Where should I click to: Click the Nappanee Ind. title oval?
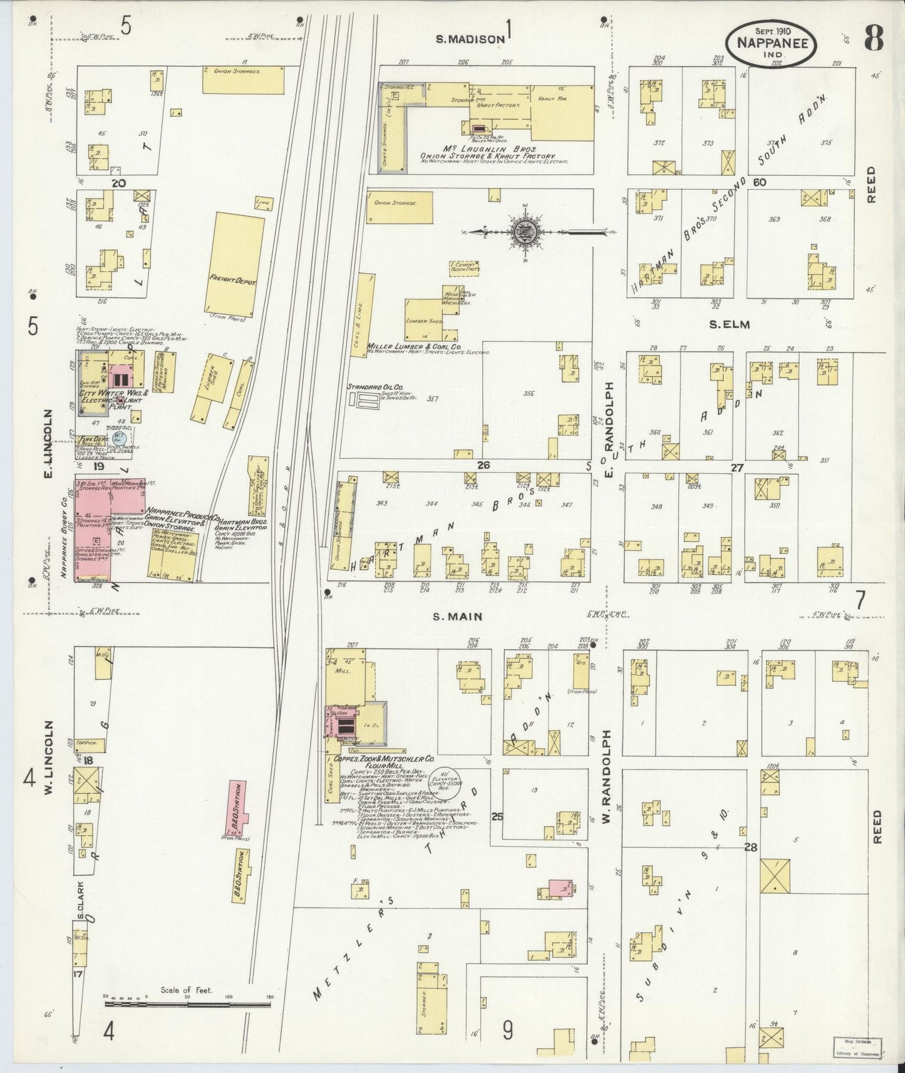click(x=771, y=43)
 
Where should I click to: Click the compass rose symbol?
click(x=522, y=232)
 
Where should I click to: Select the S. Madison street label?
click(x=470, y=39)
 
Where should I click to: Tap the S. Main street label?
click(x=458, y=617)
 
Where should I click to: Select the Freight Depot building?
click(x=233, y=264)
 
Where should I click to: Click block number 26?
click(x=482, y=465)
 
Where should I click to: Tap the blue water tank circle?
click(x=120, y=437)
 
